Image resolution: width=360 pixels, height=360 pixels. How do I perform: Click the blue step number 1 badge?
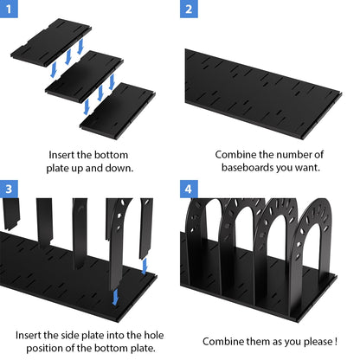coord(9,9)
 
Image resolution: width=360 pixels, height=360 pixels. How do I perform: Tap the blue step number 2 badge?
coord(189,9)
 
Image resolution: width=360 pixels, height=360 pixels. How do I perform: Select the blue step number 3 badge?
coord(9,189)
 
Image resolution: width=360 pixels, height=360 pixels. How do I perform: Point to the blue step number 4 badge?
coord(189,189)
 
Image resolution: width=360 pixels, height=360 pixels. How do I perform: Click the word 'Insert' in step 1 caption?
coord(61,155)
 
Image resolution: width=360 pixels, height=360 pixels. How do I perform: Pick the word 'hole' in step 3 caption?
coord(154,335)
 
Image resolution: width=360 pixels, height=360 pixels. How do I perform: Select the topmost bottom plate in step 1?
coord(51,42)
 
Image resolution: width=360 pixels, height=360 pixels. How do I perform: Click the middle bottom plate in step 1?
coord(84,76)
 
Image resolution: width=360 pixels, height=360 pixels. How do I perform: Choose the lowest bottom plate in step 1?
coord(118,111)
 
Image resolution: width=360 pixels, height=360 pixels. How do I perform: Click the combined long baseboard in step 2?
coord(263,94)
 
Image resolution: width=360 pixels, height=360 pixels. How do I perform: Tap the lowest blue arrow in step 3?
coord(115,297)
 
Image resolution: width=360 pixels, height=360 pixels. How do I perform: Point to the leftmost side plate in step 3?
coord(11,214)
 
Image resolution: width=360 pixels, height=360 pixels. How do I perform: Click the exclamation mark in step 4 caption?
coord(336,342)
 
